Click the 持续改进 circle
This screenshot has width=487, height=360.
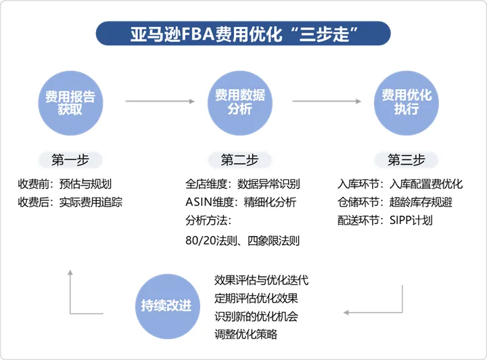[x=166, y=306]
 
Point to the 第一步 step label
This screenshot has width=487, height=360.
[x=70, y=160]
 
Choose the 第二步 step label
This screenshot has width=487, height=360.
[x=239, y=160]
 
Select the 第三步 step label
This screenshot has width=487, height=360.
[x=406, y=160]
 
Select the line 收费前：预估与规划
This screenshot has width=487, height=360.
[x=66, y=183]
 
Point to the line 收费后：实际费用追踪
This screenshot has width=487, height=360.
[x=71, y=202]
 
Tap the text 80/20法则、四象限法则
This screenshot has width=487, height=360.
[x=242, y=240]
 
